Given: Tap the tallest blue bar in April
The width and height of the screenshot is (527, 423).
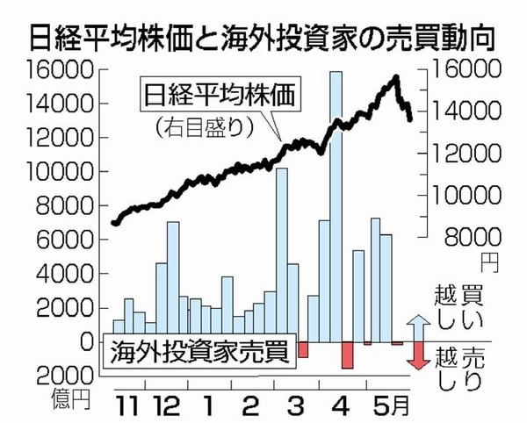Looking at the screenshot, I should (336, 206).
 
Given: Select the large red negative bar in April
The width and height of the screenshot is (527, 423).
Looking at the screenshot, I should (346, 355).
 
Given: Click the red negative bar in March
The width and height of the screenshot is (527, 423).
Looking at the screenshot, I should (303, 349).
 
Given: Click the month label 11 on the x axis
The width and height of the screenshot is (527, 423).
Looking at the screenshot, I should (128, 407).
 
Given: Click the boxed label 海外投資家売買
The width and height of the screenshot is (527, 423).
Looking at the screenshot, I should (199, 354).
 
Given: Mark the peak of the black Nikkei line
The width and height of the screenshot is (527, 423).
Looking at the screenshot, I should (397, 77).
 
